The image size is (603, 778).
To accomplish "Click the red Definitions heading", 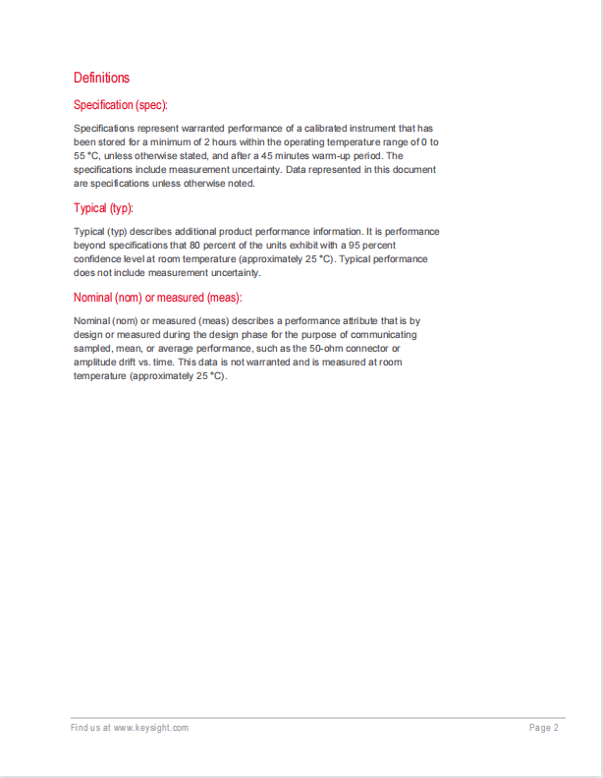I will pyautogui.click(x=101, y=78).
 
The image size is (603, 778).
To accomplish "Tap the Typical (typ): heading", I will pyautogui.click(x=103, y=208).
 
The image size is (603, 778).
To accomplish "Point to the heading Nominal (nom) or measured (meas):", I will pyautogui.click(x=158, y=298).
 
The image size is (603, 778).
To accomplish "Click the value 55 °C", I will pyautogui.click(x=86, y=156).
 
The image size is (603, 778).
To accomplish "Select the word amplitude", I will pyautogui.click(x=96, y=362).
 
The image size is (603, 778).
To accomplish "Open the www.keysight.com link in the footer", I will pyautogui.click(x=150, y=728).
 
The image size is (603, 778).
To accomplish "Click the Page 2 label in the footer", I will pyautogui.click(x=543, y=728).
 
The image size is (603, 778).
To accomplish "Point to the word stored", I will pyautogui.click(x=107, y=142).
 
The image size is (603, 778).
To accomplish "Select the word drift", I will pyautogui.click(x=134, y=362).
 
